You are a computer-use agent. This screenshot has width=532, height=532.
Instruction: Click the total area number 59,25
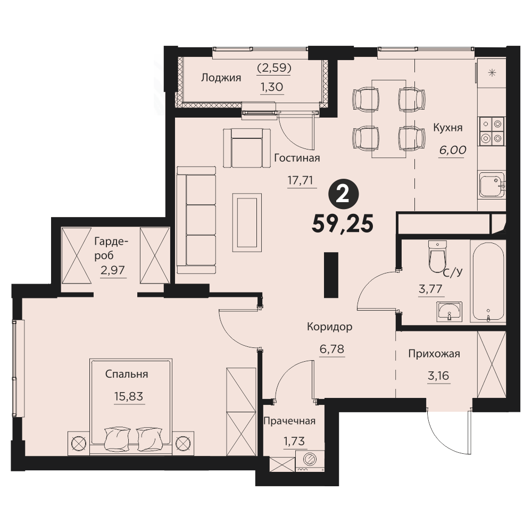click(x=343, y=225)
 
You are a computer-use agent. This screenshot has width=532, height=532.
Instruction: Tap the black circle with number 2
click(x=344, y=195)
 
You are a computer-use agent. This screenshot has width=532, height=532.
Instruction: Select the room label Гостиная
click(x=297, y=158)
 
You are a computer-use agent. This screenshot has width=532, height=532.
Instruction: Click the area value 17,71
click(x=300, y=180)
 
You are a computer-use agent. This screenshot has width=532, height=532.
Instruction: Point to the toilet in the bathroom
click(x=437, y=256)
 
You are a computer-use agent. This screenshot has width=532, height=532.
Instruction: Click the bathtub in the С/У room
click(x=488, y=281)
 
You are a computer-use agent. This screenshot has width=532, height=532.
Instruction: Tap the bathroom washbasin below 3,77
click(x=450, y=311)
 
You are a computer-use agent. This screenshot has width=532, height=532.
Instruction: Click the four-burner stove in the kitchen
click(x=492, y=131)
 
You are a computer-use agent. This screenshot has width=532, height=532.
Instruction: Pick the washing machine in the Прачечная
click(x=310, y=461)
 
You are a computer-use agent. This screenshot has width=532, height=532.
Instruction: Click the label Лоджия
click(x=221, y=78)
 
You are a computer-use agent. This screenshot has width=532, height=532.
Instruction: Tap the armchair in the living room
click(x=247, y=147)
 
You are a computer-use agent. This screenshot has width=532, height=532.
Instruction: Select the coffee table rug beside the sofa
click(x=247, y=222)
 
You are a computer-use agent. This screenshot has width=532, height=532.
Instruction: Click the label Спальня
click(x=127, y=374)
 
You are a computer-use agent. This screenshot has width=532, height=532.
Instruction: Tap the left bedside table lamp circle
click(x=79, y=443)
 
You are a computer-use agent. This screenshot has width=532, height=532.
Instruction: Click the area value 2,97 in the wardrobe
click(x=113, y=270)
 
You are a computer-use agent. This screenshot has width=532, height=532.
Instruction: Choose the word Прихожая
click(x=434, y=354)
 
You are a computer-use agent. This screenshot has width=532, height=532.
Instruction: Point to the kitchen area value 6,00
click(x=453, y=150)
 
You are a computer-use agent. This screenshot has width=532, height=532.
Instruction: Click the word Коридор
click(x=329, y=327)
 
